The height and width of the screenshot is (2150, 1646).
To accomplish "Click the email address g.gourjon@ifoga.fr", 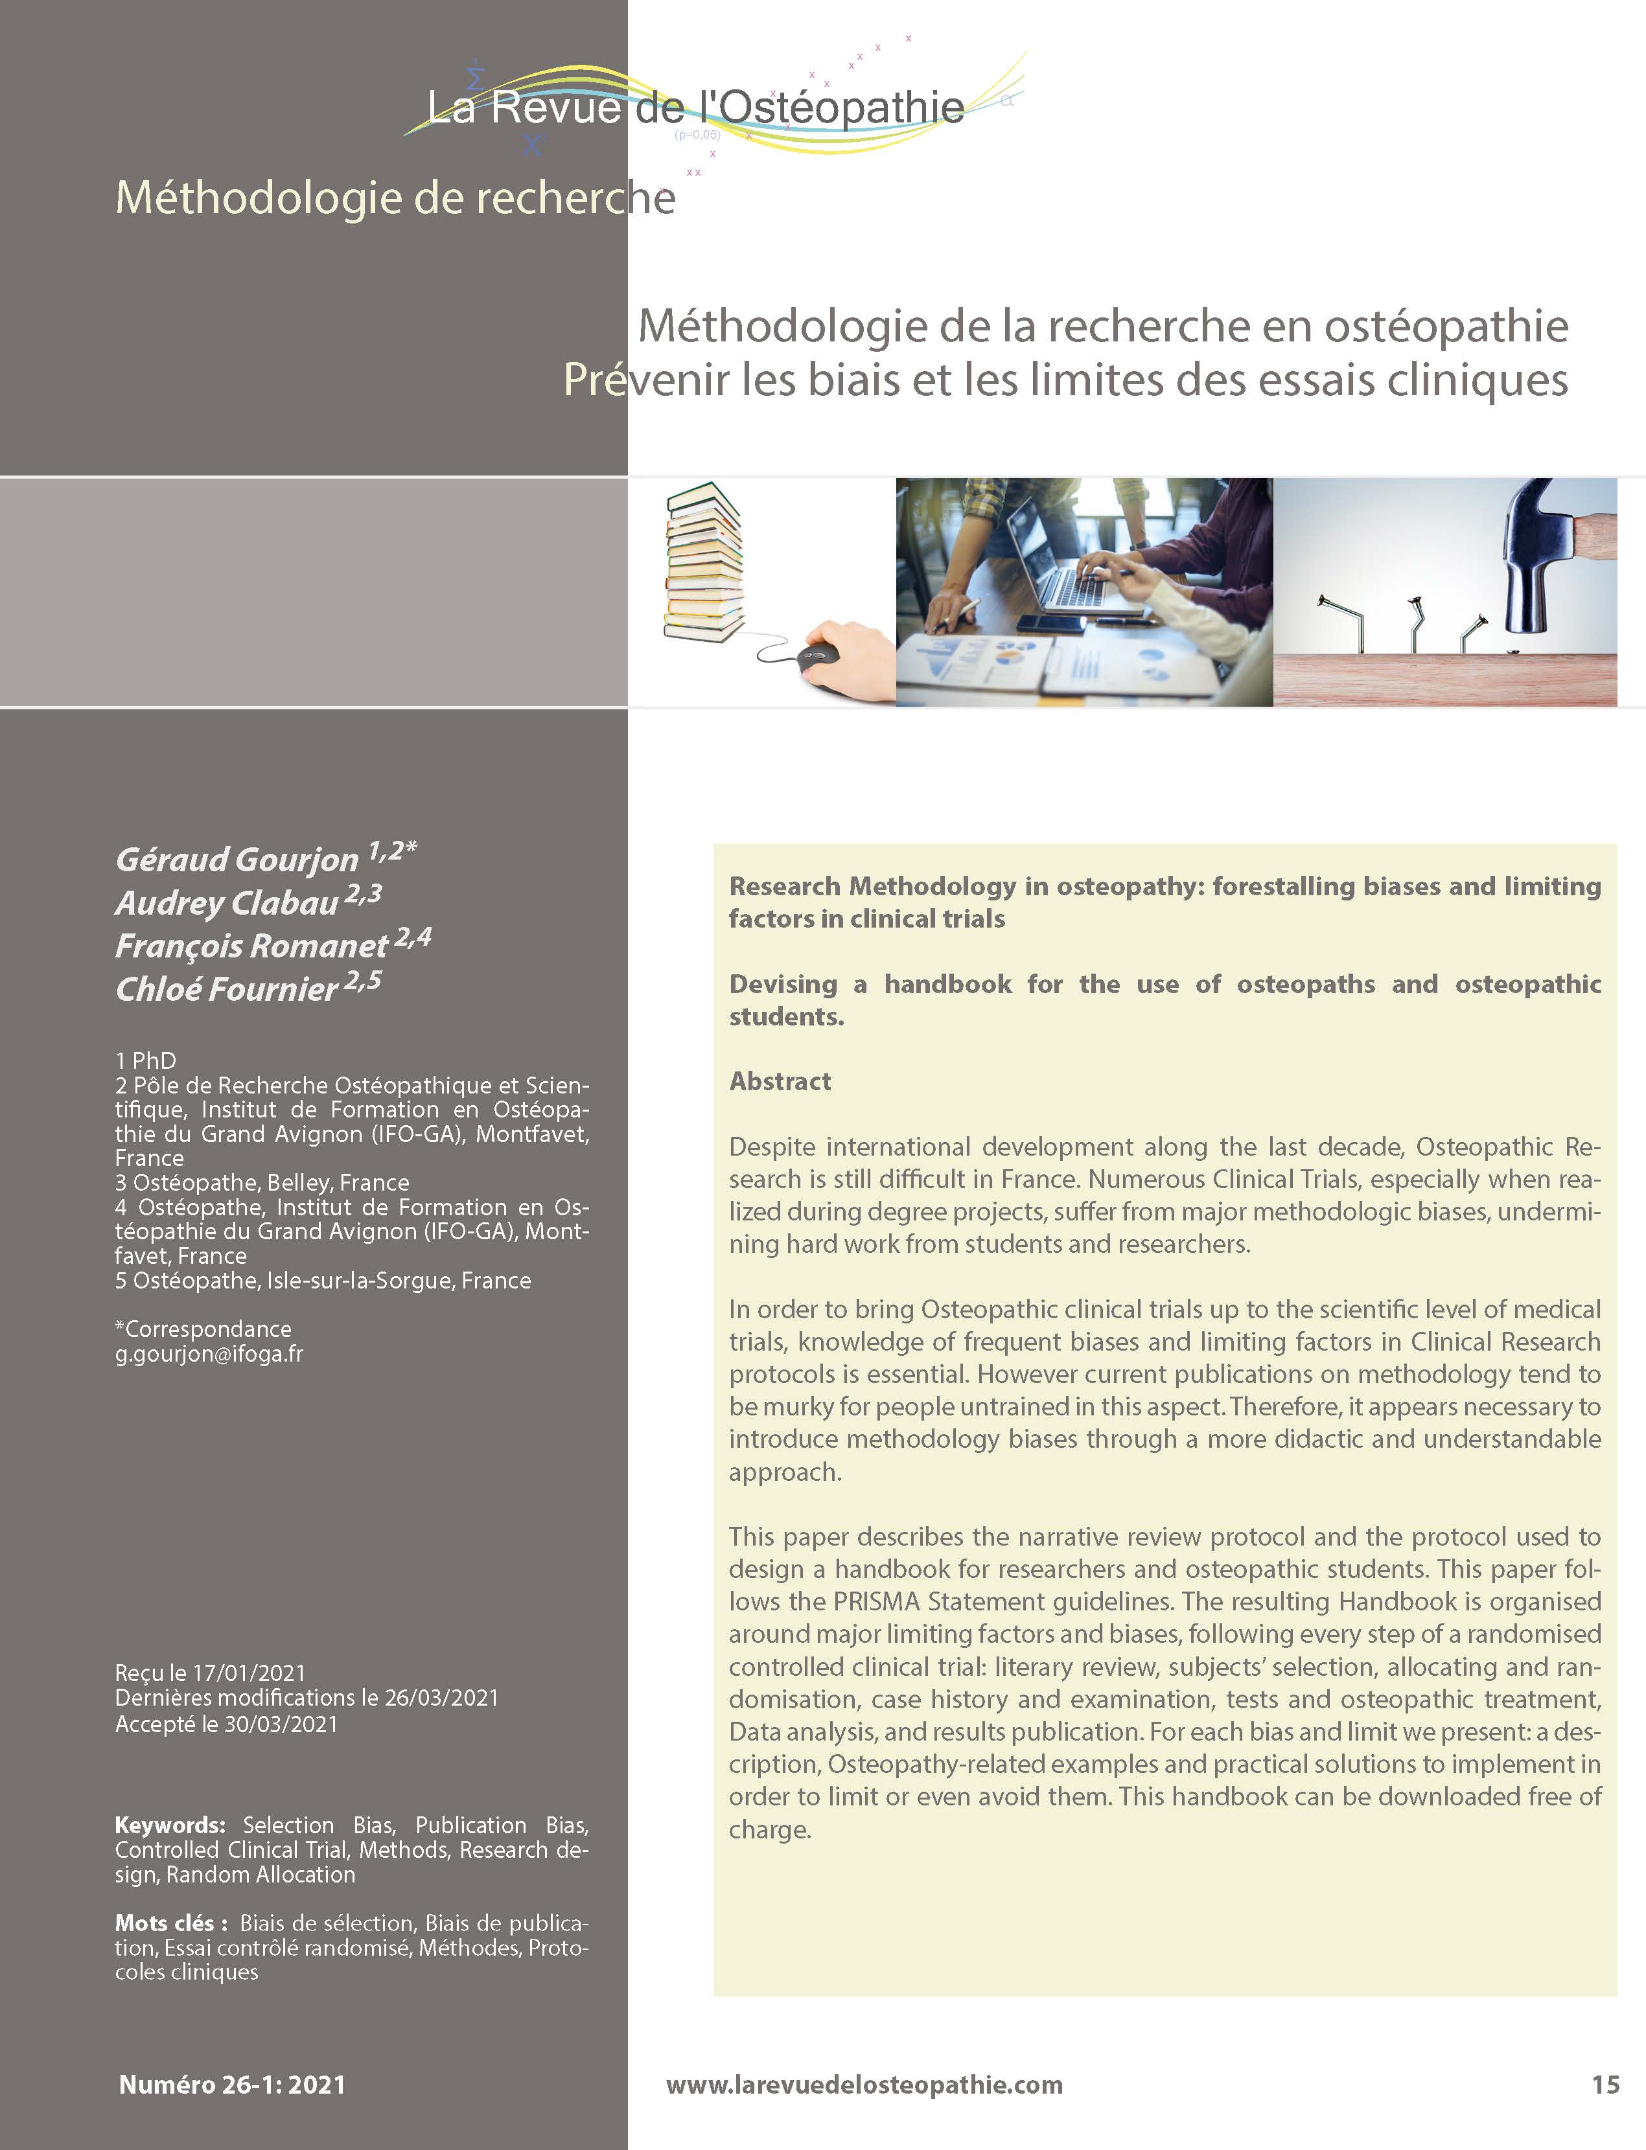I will tap(209, 1354).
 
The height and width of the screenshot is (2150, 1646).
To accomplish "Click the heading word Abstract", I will tap(780, 1081).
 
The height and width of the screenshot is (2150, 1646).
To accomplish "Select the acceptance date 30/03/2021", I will tap(281, 1723).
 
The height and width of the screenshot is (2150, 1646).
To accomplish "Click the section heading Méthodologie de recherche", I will tap(395, 198).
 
